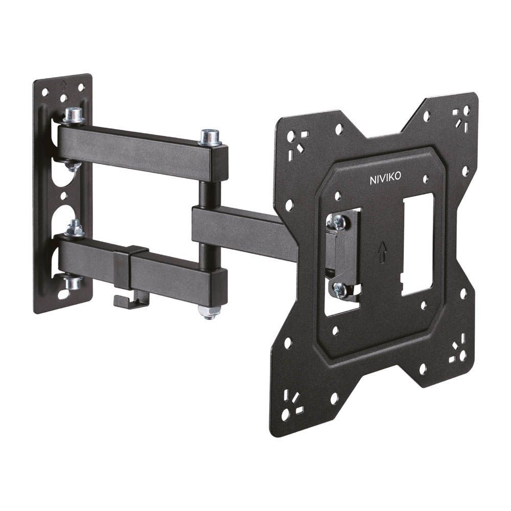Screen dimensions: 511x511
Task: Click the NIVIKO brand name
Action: (x=386, y=179)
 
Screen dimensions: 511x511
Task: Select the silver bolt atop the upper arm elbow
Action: (x=210, y=137)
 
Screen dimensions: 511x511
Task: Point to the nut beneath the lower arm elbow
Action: (x=208, y=312)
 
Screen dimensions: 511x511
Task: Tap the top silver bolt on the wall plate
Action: (x=74, y=115)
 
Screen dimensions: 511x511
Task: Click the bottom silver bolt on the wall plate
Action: (x=73, y=282)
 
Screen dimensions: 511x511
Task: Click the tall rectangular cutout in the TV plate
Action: (x=417, y=245)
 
